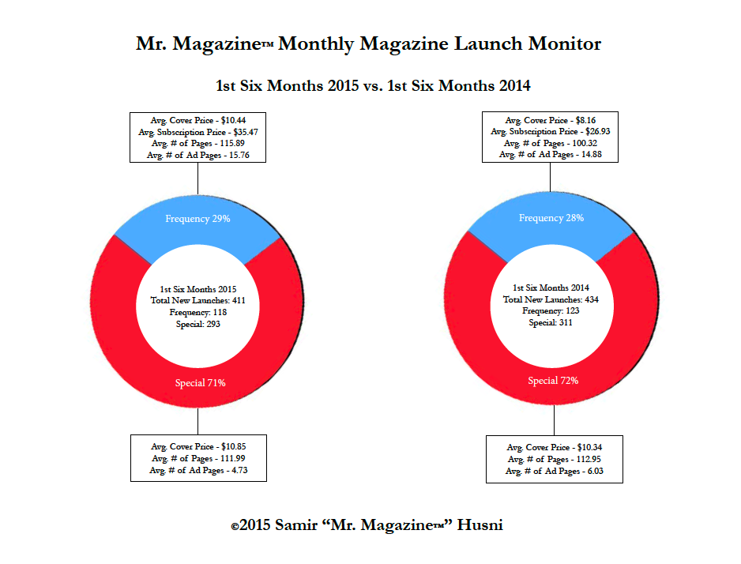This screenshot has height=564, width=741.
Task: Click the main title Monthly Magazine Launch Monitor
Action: (368, 43)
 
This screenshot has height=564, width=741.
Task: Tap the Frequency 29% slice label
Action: (197, 218)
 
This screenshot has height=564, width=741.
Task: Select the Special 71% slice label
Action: (200, 383)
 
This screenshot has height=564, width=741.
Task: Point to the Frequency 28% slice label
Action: (551, 217)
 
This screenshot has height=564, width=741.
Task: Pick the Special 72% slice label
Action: (553, 381)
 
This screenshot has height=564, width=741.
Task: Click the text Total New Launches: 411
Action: (198, 301)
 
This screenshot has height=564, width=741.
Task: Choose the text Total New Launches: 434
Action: (551, 300)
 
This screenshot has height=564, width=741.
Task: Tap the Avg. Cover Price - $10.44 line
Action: (197, 120)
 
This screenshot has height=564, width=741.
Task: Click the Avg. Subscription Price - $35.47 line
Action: (197, 132)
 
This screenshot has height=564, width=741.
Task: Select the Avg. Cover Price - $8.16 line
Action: (551, 119)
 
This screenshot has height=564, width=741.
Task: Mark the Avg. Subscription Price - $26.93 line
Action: (551, 131)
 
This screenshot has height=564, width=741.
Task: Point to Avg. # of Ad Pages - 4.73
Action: (198, 471)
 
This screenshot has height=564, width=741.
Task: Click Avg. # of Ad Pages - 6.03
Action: (553, 472)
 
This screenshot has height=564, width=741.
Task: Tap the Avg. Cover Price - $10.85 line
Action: (198, 447)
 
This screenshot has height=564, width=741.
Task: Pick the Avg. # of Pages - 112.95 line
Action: (553, 460)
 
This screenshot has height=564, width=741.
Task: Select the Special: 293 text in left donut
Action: (198, 324)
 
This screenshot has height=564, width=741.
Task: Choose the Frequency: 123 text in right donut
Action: (551, 311)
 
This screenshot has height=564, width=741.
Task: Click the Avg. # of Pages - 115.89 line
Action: (197, 144)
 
